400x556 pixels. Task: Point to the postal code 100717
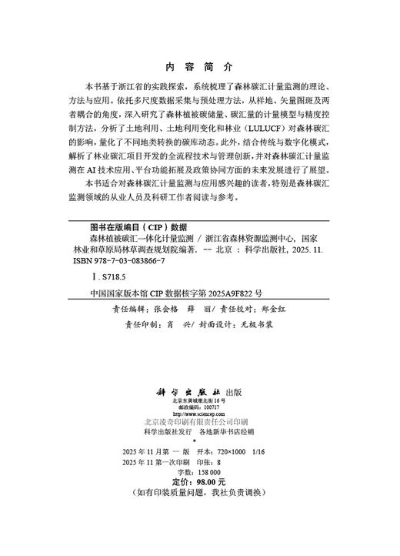pos(209,407)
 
